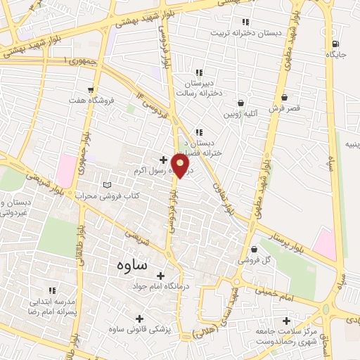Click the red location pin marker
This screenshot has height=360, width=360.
click(x=181, y=166)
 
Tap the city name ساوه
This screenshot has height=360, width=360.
click(x=128, y=265)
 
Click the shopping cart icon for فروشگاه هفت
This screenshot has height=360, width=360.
click(x=91, y=89)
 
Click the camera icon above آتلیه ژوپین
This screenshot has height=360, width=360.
click(x=240, y=102)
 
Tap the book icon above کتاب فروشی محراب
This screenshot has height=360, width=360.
click(x=107, y=184)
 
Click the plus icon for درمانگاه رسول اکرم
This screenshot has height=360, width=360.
click(x=163, y=160)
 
